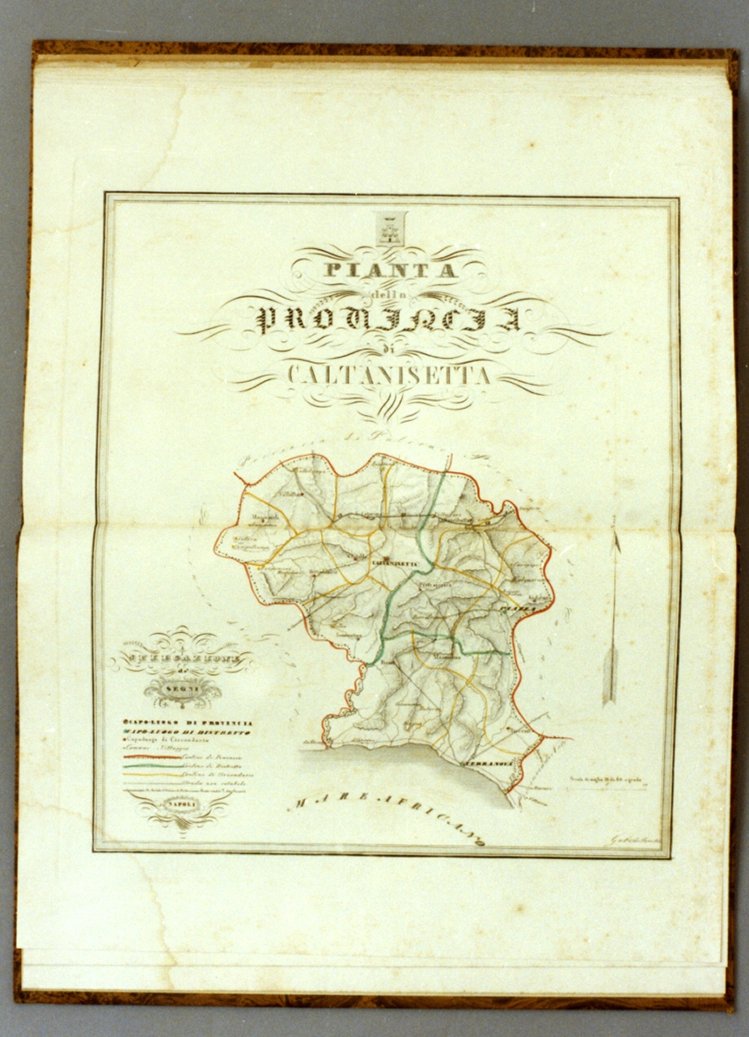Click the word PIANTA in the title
(x=391, y=271)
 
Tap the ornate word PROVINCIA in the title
(x=389, y=319)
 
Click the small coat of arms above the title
(x=391, y=228)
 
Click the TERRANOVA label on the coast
(x=486, y=762)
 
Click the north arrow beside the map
(x=612, y=618)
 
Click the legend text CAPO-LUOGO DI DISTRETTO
(x=188, y=731)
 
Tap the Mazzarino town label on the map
(x=444, y=656)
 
